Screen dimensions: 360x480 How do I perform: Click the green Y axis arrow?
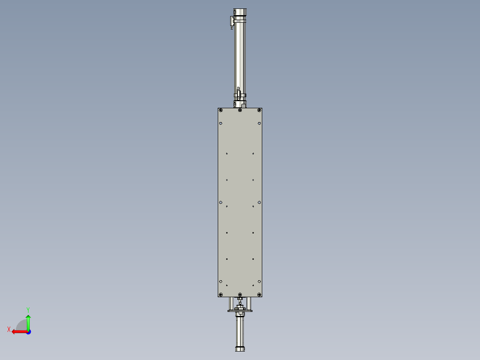pyautogui.click(x=28, y=320)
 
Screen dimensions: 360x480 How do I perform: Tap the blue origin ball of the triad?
pyautogui.click(x=28, y=331)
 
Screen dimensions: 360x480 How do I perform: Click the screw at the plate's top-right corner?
pyautogui.click(x=259, y=110)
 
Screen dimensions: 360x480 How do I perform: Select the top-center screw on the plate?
pyautogui.click(x=240, y=110)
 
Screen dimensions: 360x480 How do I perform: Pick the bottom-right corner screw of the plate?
pyautogui.click(x=259, y=295)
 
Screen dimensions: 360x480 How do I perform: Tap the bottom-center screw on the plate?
pyautogui.click(x=240, y=295)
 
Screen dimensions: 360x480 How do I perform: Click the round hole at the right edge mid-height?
pyautogui.click(x=259, y=202)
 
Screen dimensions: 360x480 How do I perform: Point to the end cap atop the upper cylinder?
pyautogui.click(x=240, y=12)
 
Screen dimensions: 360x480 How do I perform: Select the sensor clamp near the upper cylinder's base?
pyautogui.click(x=239, y=94)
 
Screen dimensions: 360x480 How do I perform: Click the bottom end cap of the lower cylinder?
pyautogui.click(x=240, y=349)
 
